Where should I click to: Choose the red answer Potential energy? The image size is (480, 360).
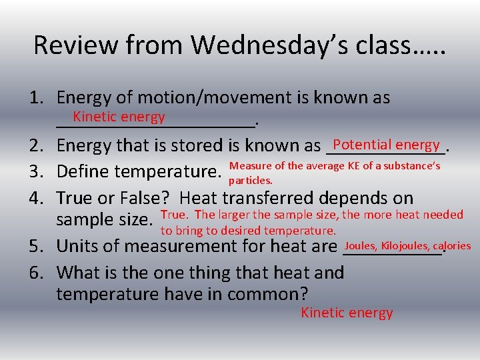(x=386, y=145)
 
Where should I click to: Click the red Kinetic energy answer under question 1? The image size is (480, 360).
(x=119, y=117)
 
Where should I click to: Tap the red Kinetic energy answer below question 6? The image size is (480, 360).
(x=347, y=313)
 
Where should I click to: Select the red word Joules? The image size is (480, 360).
(x=360, y=246)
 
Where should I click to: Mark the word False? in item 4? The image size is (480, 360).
(x=144, y=198)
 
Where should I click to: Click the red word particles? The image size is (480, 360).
(x=250, y=181)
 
